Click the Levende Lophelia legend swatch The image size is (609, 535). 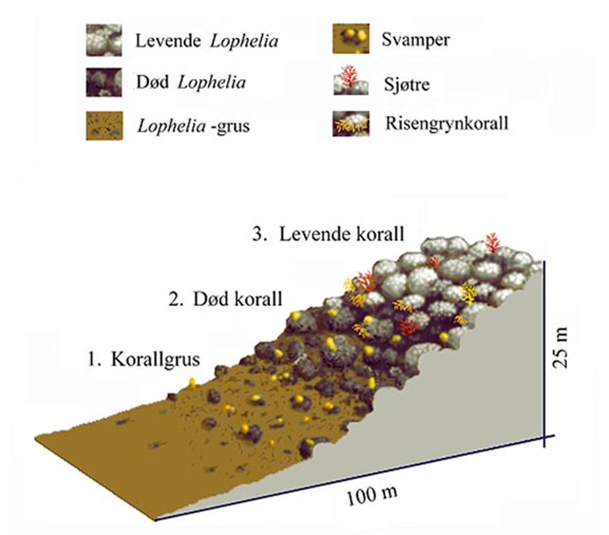point(104,41)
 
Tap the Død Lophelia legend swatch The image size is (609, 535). point(104,82)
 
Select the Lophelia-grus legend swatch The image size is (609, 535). point(104,126)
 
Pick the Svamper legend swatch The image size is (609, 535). point(351,38)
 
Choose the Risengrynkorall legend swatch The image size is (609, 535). point(351,124)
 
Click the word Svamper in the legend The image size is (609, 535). point(415,41)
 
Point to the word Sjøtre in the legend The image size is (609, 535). point(407,85)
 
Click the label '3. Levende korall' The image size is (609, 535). point(328,234)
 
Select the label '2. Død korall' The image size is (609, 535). point(225,299)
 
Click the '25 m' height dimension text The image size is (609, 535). point(560,348)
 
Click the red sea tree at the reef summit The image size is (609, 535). point(493,242)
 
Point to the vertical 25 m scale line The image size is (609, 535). point(543,354)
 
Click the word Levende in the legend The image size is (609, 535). point(168,41)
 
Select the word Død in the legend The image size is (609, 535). point(152,82)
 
